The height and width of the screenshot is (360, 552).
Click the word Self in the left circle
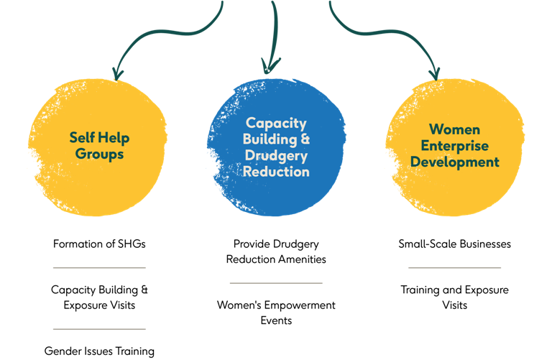pos(82,137)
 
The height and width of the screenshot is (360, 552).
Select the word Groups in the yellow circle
pos(100,154)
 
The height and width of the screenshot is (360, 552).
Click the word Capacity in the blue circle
pos(276,123)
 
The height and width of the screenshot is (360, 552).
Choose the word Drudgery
pos(276,156)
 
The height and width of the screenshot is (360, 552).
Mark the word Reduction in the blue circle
pos(276,172)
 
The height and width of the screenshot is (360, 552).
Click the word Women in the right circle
pos(454,129)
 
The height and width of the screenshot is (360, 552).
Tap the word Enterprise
pos(454,146)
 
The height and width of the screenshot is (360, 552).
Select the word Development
pos(454,162)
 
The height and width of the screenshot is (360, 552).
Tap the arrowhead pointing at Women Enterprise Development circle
pos(434,73)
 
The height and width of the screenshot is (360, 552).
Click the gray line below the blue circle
pos(275,283)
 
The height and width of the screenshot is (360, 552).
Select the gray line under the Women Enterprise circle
pos(454,267)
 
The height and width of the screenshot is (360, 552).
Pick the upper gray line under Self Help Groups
pos(99,267)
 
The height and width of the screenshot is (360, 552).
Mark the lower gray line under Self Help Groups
pos(99,329)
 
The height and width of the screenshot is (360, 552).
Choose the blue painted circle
pos(276,198)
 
